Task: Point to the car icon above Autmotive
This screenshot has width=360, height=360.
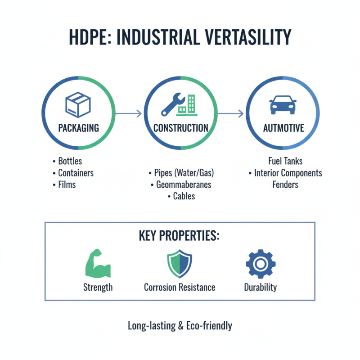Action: coord(283,105)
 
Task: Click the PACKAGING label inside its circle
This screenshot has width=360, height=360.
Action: coord(78,128)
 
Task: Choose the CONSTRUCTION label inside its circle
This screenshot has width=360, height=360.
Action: coord(180,128)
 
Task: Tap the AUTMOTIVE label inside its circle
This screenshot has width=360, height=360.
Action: coord(283,128)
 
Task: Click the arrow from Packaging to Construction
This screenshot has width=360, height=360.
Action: coord(129,113)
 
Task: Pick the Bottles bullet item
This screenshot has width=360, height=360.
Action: coord(70,161)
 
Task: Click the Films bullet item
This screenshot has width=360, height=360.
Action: coord(67,184)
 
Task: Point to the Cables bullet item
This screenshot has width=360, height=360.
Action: coord(184,196)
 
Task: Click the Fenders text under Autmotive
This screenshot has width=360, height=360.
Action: coord(285,184)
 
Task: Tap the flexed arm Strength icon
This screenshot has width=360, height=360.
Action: coord(98,265)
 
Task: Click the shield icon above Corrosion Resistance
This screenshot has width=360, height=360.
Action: coord(179,264)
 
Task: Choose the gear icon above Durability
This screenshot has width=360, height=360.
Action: coord(260,264)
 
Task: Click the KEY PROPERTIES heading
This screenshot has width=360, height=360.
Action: coord(180,236)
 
